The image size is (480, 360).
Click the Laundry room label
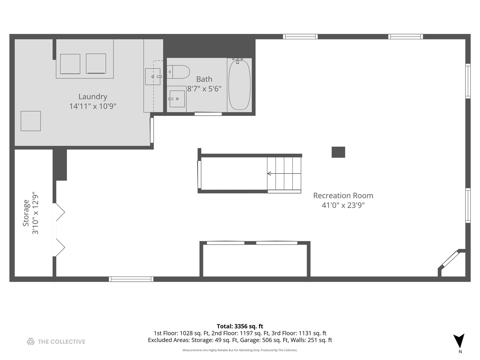click(93, 96)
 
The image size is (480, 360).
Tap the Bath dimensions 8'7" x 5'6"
click(204, 89)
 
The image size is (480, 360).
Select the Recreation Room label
click(343, 195)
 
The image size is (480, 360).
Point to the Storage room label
click(26, 213)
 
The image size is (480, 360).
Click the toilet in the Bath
click(178, 72)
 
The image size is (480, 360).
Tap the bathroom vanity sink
click(177, 99)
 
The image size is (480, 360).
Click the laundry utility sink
click(153, 77)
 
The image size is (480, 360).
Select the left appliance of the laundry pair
click(70, 64)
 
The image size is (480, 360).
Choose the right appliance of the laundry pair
click(96, 63)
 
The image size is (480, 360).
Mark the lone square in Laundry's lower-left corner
click(31, 121)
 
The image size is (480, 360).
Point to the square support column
click(338, 152)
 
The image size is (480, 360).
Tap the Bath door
click(208, 114)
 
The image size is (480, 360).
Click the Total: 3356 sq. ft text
click(240, 326)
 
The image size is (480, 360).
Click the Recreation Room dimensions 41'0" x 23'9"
click(343, 205)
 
